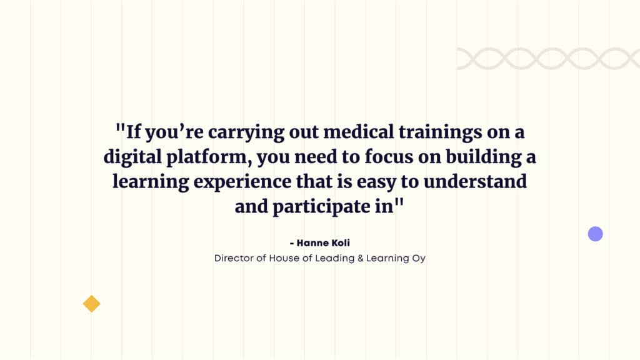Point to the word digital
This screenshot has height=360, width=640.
click(x=132, y=157)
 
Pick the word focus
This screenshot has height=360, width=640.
click(x=389, y=157)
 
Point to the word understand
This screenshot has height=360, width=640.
click(x=475, y=182)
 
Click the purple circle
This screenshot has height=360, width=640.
click(x=596, y=234)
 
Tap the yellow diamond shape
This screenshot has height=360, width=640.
click(x=91, y=304)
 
